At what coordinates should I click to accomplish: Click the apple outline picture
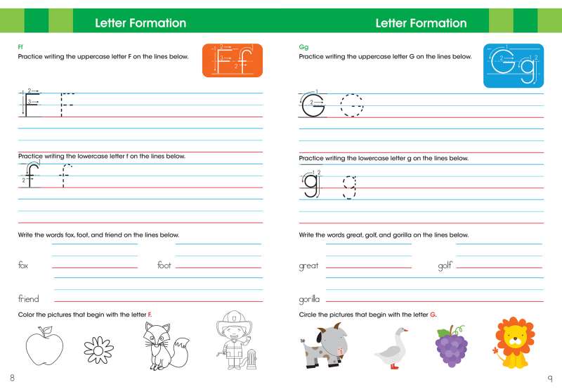(x=44, y=346)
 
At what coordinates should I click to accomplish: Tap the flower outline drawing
(x=98, y=348)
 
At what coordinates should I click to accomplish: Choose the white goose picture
(x=392, y=347)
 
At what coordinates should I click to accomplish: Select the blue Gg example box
(x=513, y=65)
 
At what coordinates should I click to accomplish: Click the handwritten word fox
(x=23, y=265)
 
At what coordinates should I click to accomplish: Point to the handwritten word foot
(x=164, y=265)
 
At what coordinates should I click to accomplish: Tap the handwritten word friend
(x=28, y=299)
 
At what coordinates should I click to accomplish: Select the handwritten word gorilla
(x=310, y=300)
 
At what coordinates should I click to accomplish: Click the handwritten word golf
(x=445, y=265)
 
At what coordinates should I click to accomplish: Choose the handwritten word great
(x=309, y=266)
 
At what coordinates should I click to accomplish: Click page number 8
(x=12, y=378)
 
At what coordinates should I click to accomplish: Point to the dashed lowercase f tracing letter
(x=65, y=175)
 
